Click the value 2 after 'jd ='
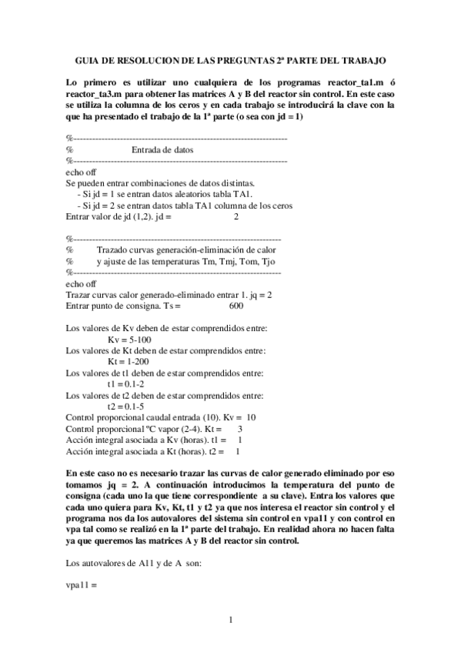236,217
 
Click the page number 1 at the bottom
230,620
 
